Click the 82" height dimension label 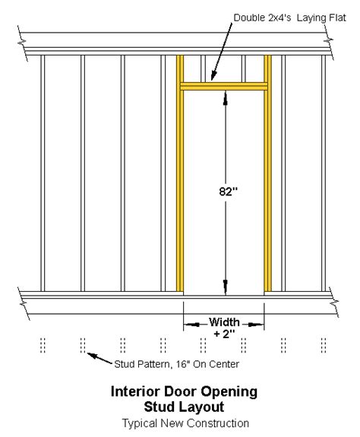coord(229,192)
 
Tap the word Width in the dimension coord(224,322)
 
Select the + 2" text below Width coord(224,334)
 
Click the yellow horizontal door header coord(224,86)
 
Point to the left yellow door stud coord(180,173)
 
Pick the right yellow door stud coord(267,173)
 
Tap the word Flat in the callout coord(337,17)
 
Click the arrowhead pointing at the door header coord(213,75)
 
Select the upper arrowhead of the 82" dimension coord(226,98)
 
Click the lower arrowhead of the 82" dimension coord(226,287)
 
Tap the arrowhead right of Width coord(255,325)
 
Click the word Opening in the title coord(229,392)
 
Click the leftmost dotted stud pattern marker coord(43,345)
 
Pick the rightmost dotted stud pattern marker coord(324,345)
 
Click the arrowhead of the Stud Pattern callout coord(93,356)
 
